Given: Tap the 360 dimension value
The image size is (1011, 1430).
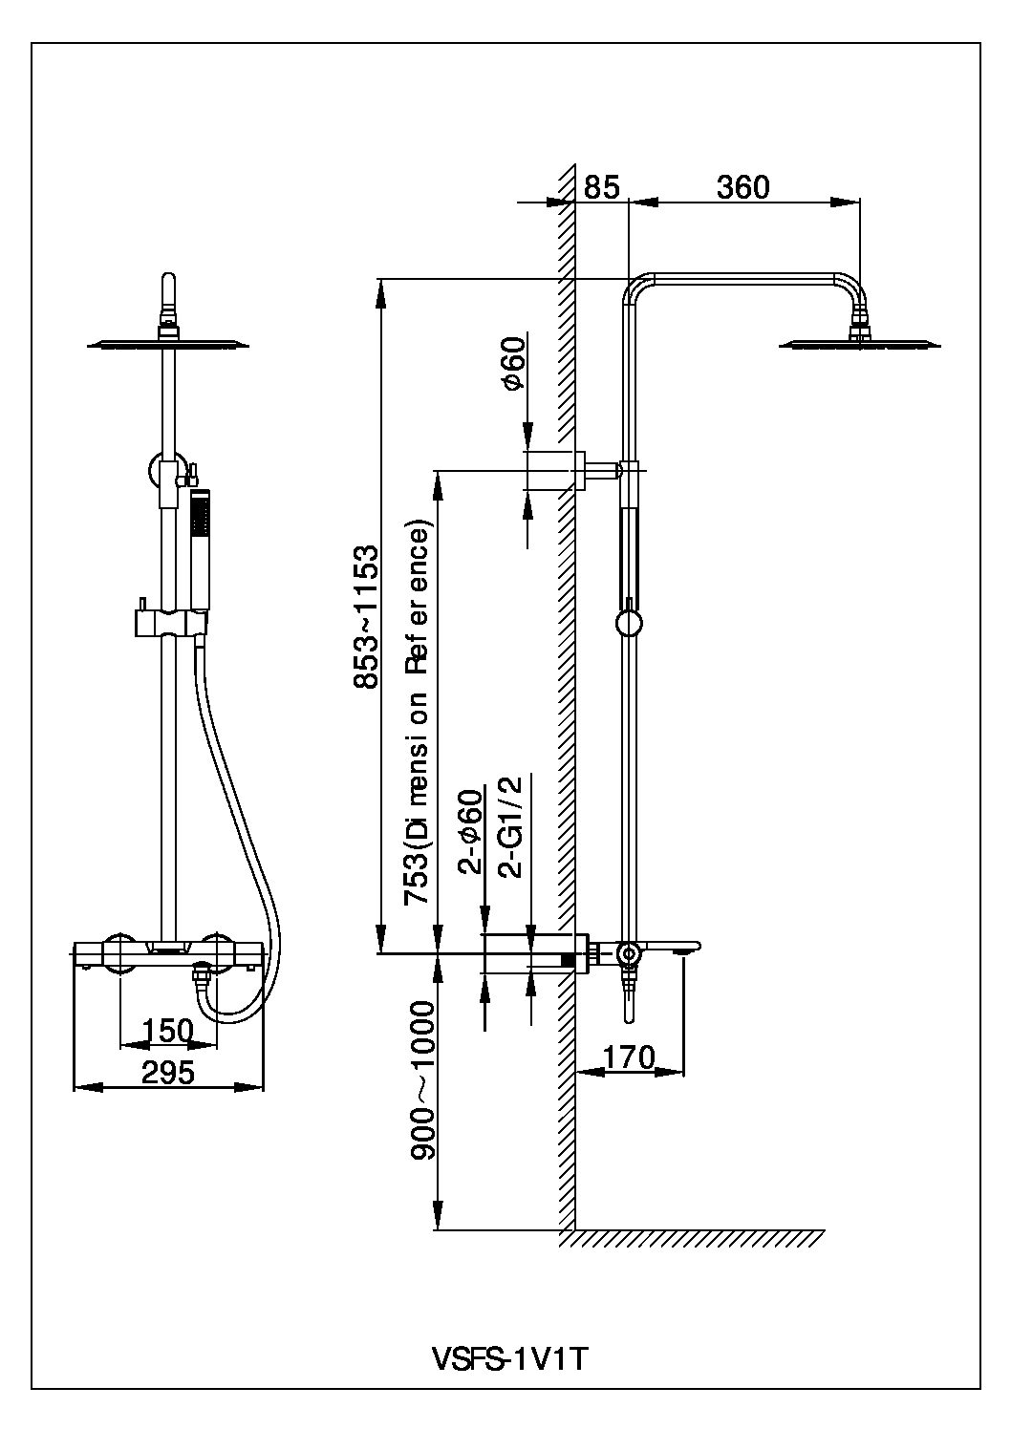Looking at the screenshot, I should (x=742, y=187).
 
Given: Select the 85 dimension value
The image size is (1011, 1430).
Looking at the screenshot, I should (x=602, y=187).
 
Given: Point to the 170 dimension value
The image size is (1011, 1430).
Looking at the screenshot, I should (x=630, y=1056).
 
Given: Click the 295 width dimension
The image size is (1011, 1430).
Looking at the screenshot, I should (x=168, y=1072).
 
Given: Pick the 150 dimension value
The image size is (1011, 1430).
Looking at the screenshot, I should (x=168, y=1031).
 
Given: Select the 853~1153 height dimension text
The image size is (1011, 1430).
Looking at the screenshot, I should (x=366, y=616).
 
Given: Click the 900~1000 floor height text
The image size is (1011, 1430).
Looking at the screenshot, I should (x=423, y=1080).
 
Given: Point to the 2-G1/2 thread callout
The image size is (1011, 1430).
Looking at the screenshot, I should (x=512, y=826).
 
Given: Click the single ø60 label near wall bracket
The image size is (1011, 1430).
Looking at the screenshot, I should (x=513, y=363).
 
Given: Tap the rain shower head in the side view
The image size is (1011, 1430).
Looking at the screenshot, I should (x=861, y=343).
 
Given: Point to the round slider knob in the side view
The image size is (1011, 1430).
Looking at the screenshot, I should (x=629, y=624).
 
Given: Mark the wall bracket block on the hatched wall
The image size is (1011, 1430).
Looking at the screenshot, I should (x=553, y=470).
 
